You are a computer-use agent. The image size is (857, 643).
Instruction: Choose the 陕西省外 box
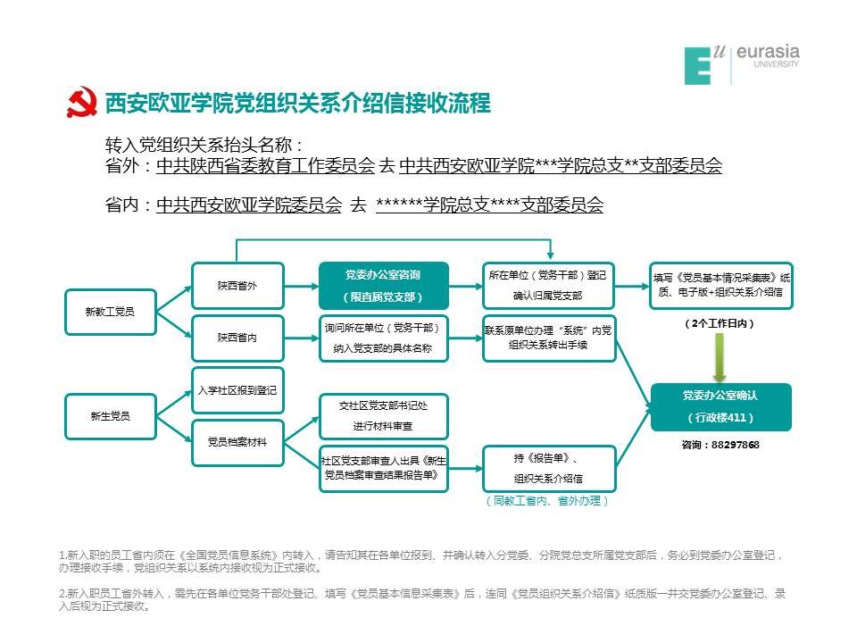(237, 286)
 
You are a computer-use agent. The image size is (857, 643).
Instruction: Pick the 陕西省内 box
(237, 338)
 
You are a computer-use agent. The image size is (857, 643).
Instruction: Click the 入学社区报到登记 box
(237, 390)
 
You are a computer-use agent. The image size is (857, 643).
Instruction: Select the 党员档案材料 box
(237, 442)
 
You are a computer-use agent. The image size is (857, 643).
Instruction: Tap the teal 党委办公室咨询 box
(383, 286)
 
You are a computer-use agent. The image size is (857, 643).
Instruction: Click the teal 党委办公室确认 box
(720, 406)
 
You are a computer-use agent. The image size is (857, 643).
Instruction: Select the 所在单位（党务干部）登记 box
(548, 286)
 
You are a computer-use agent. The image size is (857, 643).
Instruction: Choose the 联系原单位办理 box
(548, 338)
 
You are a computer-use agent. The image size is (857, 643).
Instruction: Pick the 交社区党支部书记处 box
(383, 416)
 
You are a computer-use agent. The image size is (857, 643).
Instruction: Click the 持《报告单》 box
(548, 468)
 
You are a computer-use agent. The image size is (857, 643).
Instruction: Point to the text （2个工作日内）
(720, 324)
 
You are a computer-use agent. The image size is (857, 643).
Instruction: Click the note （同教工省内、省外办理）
(548, 501)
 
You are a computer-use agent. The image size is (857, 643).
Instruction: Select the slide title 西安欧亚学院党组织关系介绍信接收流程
(298, 104)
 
